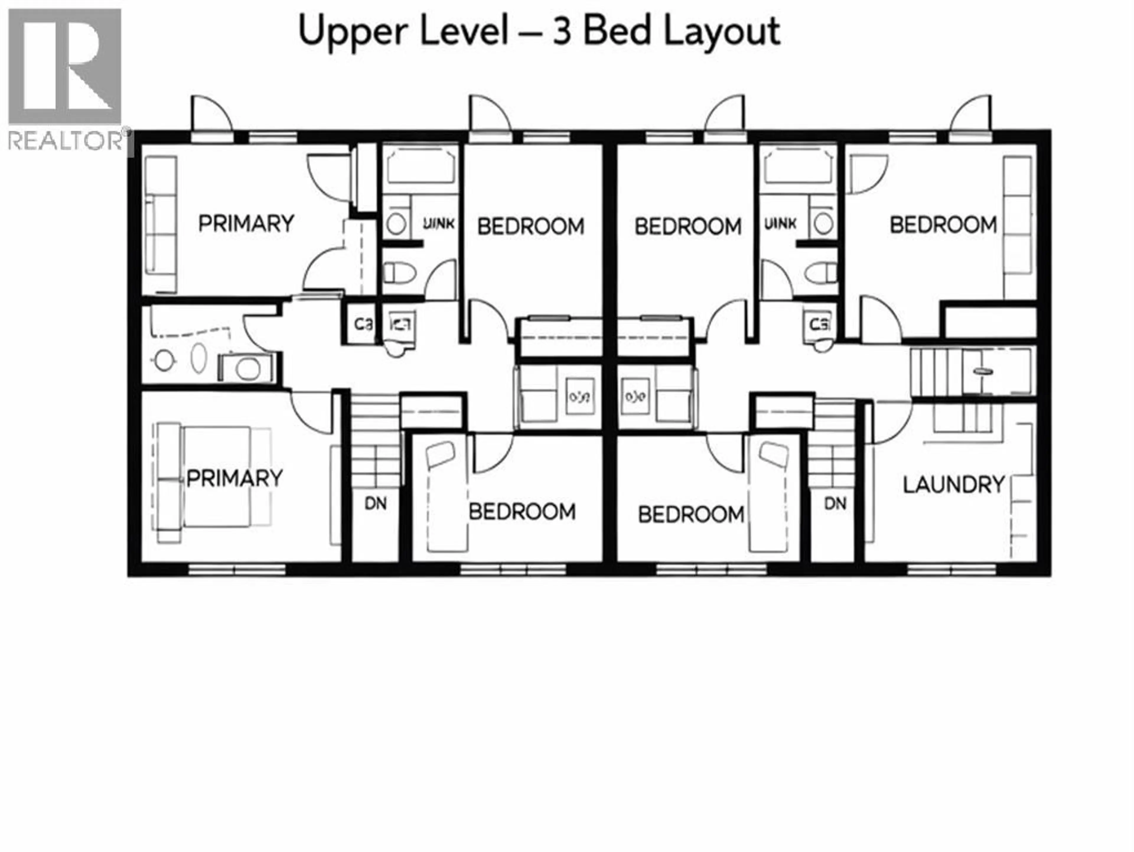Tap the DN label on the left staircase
coord(375,503)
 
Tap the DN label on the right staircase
coord(835,503)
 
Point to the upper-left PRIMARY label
coord(246,224)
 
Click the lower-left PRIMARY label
coord(234,478)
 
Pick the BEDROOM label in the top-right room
coord(943,225)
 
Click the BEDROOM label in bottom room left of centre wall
coord(522,511)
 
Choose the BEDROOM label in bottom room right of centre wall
coord(690,514)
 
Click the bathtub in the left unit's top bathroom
coord(421,165)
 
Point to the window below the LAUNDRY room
coord(951,569)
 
